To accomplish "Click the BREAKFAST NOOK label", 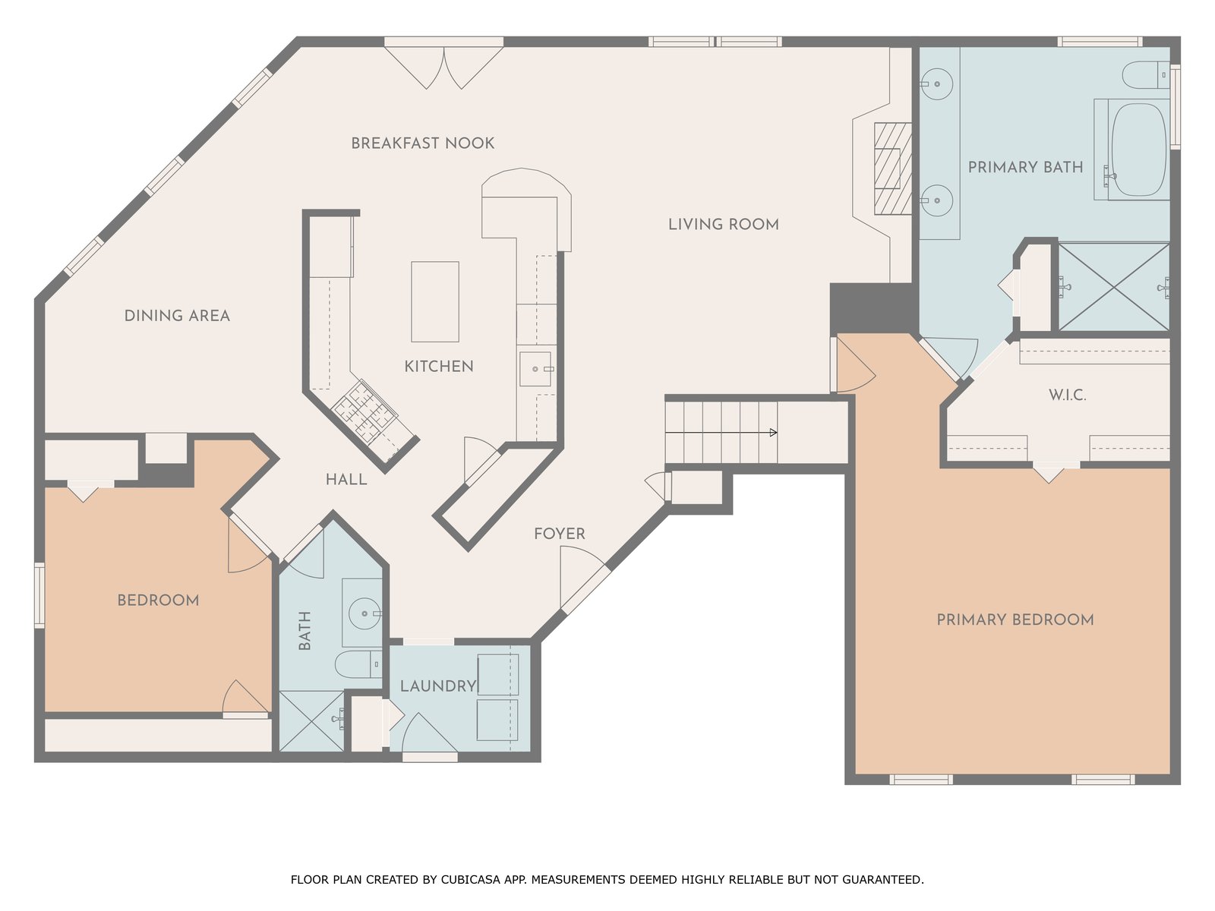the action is (x=422, y=143).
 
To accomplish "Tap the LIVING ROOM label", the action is (x=724, y=225).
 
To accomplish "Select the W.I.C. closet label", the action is (x=1067, y=395).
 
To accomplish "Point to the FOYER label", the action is (x=559, y=534).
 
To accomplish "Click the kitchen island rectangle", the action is (x=435, y=302).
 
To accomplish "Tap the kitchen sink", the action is (x=535, y=369).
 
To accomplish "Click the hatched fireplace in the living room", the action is (x=892, y=169).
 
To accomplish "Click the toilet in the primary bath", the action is (x=1145, y=75).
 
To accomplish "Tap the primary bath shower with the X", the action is (x=1114, y=287).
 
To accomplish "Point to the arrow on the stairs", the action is (x=721, y=433).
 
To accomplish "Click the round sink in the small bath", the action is (x=364, y=613).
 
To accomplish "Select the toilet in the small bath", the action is (x=358, y=664).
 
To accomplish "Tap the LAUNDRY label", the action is (x=438, y=686).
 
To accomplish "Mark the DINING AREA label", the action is (x=177, y=316).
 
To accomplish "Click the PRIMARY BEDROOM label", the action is (x=1015, y=619).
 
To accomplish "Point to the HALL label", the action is (x=346, y=480).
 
